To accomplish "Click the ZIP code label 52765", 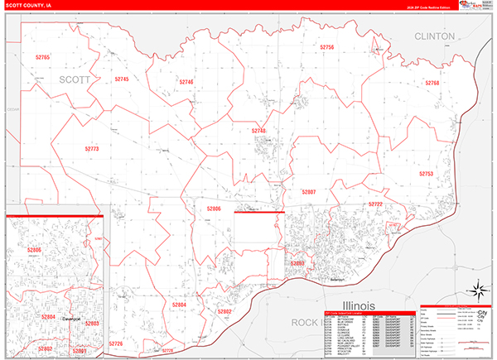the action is coord(43,57).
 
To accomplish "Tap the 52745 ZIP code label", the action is coord(121,79).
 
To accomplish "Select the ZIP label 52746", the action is coord(186,83).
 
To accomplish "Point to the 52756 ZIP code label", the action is coord(326,48).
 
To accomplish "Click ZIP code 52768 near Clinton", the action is coord(432,83).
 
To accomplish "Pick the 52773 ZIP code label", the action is coord(91,149).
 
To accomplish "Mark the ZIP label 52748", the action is coord(259,131).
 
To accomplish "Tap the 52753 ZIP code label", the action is coord(426,174).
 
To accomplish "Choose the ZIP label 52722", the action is coord(375,204).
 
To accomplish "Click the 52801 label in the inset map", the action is coord(79,351).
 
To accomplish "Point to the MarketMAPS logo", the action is coord(475,7).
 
